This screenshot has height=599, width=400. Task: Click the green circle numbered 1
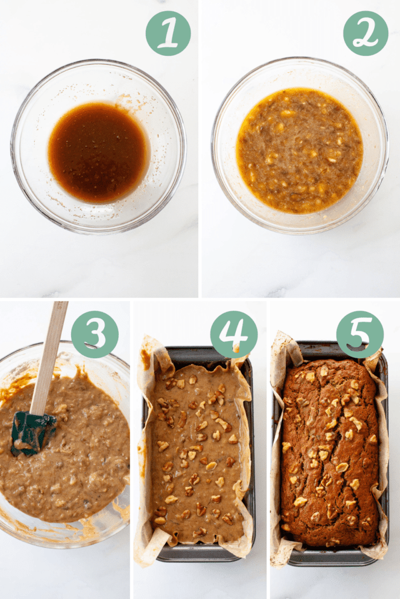[168, 33]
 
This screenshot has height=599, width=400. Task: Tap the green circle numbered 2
[365, 33]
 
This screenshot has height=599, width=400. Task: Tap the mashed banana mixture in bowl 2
[299, 150]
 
